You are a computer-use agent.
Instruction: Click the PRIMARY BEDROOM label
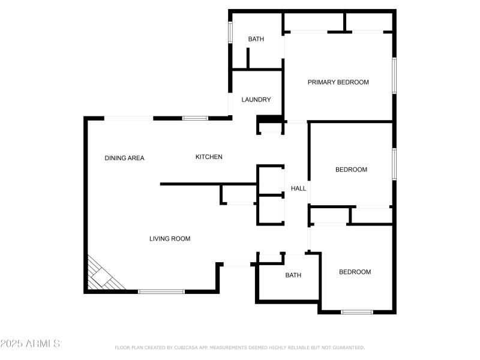pyautogui.click(x=338, y=82)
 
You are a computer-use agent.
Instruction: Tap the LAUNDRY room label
pyautogui.click(x=256, y=100)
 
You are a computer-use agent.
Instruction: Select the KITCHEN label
pyautogui.click(x=209, y=157)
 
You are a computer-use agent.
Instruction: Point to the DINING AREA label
pyautogui.click(x=124, y=158)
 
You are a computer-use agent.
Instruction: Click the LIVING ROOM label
pyautogui.click(x=170, y=239)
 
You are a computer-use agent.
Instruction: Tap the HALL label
pyautogui.click(x=298, y=188)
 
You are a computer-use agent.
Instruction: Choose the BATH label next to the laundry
pyautogui.click(x=256, y=39)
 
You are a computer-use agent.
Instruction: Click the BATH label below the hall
pyautogui.click(x=293, y=275)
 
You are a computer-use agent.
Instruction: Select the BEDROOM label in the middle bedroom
pyautogui.click(x=351, y=170)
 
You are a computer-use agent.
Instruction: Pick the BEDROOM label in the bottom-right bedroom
pyautogui.click(x=355, y=272)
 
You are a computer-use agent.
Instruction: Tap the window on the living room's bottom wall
pyautogui.click(x=161, y=292)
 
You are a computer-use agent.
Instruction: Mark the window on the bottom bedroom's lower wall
pyautogui.click(x=357, y=311)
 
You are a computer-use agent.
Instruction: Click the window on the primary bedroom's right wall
pyautogui.click(x=394, y=75)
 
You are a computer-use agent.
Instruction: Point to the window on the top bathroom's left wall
pyautogui.click(x=230, y=32)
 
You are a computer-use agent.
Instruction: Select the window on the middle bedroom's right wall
pyautogui.click(x=394, y=163)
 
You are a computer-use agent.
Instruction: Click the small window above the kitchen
pyautogui.click(x=195, y=118)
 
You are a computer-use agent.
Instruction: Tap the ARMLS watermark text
pyautogui.click(x=30, y=344)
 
